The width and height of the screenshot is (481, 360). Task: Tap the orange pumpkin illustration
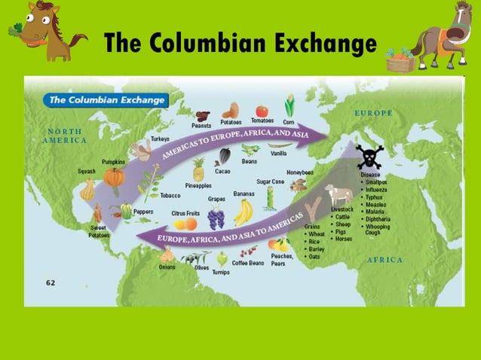tap(114, 178)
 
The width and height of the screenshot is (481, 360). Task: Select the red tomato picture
tap(262, 111)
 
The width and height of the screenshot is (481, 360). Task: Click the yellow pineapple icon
tap(198, 169)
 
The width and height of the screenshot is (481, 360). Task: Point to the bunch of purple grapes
tap(216, 218)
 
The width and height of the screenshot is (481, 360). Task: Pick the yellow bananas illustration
tap(243, 212)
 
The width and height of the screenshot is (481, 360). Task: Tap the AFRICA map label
tap(384, 260)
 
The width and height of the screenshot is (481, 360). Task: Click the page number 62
tap(51, 283)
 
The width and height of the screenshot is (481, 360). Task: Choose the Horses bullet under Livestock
tap(343, 239)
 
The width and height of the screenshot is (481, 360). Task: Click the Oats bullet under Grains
tap(316, 256)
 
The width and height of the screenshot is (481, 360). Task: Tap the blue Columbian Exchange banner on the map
tap(105, 99)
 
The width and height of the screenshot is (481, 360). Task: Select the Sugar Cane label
tap(271, 182)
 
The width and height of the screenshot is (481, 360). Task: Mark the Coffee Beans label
tap(247, 263)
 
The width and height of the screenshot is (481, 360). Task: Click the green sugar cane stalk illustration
tap(269, 198)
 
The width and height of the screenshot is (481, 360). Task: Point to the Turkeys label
tap(160, 139)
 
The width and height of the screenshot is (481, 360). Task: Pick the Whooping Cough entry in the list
tap(377, 229)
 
